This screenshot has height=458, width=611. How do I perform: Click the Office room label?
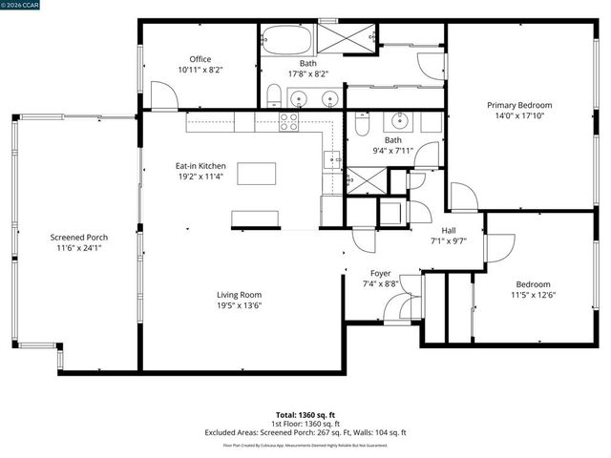[x=200, y=59]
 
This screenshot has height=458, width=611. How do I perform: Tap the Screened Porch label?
[x=79, y=237]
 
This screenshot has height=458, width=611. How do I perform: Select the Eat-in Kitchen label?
[x=200, y=166]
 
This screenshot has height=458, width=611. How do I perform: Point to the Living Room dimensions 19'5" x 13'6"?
[x=239, y=306]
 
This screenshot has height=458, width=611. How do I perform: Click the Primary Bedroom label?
[x=519, y=105]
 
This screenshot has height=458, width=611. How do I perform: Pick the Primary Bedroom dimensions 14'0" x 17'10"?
[x=519, y=116]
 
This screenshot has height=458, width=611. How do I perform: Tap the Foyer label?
[x=381, y=273]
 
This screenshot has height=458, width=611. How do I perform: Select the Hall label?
[x=449, y=230]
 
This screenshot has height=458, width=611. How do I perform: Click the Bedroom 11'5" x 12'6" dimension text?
[x=533, y=296]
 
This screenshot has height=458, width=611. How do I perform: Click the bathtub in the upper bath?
[x=285, y=41]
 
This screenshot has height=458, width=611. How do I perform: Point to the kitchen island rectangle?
[x=256, y=174]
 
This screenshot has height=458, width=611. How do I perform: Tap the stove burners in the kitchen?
[x=288, y=121]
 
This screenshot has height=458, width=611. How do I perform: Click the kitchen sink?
[x=330, y=159]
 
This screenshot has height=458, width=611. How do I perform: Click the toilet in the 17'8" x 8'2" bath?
[x=273, y=94]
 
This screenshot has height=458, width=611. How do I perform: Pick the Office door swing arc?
[x=163, y=95]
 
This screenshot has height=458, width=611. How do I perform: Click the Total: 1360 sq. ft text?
[x=305, y=415]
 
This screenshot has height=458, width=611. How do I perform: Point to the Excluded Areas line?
[x=305, y=432]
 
